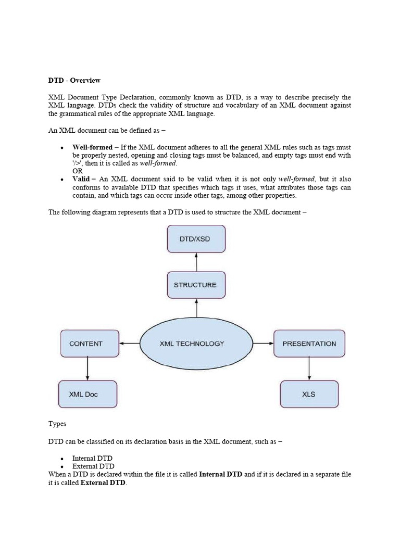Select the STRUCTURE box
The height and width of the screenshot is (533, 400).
(196, 285)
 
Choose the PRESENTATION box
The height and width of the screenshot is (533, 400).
(309, 344)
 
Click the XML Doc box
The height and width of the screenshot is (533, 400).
(87, 394)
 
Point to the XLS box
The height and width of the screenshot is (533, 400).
(309, 394)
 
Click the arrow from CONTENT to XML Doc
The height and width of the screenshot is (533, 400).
(87, 369)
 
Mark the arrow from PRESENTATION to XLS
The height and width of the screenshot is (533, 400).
(309, 369)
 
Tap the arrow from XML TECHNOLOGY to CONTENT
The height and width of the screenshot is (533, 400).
(129, 344)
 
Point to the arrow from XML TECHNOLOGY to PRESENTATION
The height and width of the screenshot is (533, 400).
(263, 344)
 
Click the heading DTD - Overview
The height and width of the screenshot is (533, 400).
(74, 81)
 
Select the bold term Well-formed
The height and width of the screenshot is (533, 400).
(92, 147)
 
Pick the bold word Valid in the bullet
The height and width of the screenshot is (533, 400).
(81, 179)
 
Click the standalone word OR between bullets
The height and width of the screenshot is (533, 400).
(78, 171)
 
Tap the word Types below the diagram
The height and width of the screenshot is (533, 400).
(57, 424)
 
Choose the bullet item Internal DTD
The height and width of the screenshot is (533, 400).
(92, 459)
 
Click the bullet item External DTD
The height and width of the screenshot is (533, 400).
(93, 466)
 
